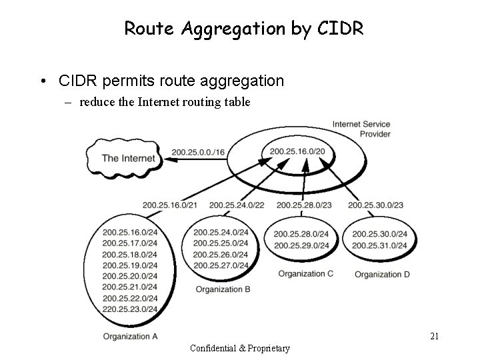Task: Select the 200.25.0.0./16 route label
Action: point(198,153)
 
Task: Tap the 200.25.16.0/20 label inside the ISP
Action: point(298,151)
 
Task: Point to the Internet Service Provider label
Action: point(361,129)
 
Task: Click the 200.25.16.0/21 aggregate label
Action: point(169,204)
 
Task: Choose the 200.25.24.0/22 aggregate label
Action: point(237,204)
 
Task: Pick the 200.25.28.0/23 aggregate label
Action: point(304,204)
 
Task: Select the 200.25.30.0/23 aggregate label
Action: point(375,204)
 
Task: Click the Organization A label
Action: point(130,336)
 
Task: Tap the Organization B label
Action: point(223,289)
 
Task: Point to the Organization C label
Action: point(305,273)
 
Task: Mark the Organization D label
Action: point(382,274)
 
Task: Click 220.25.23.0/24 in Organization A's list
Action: point(130,309)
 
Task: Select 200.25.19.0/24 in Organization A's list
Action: point(130,265)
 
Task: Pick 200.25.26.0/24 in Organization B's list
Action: point(221,254)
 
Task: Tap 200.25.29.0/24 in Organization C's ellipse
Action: point(301,245)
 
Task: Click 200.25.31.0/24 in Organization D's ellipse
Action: point(379,245)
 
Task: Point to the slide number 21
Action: point(434,337)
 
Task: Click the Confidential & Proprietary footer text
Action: point(240,348)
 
